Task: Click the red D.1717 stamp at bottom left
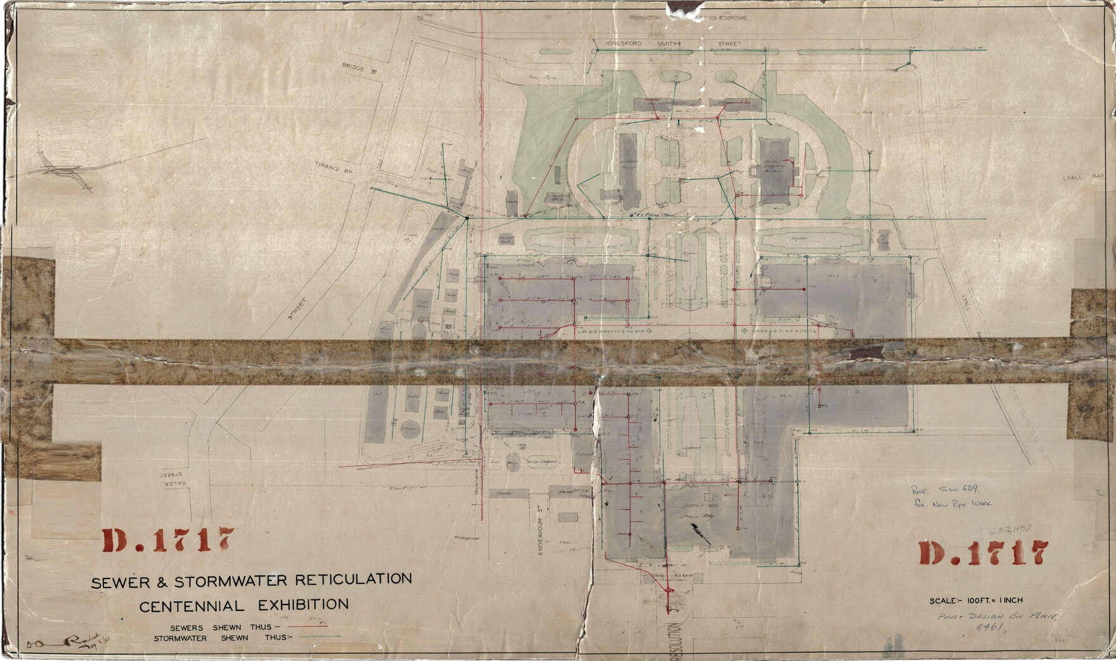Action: (x=167, y=540)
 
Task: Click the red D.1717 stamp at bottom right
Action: (x=983, y=553)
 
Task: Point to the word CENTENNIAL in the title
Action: (x=191, y=606)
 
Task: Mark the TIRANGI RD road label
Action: (x=333, y=168)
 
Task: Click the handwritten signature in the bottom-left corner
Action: (x=60, y=643)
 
